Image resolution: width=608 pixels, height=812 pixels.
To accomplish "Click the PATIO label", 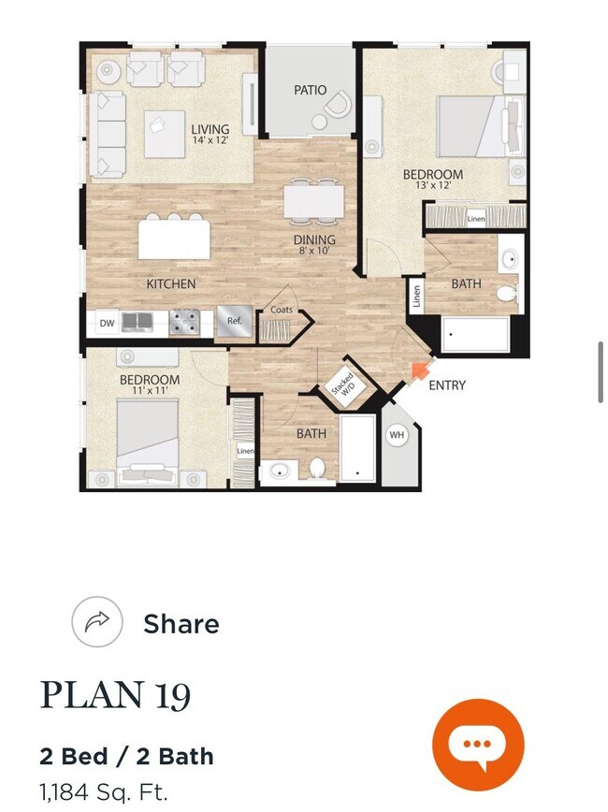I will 310,90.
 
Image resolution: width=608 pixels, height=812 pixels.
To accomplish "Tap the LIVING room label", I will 210,130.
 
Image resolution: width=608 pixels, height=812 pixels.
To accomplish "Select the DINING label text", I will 314,239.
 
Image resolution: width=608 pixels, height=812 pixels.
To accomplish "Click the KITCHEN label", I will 171,283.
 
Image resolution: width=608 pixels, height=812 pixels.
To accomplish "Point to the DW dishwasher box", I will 107,324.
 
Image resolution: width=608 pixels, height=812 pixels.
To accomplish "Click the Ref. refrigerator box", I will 234,322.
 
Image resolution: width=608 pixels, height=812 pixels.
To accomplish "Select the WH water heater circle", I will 397,434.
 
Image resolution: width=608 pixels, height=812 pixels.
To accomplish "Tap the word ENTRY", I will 447,385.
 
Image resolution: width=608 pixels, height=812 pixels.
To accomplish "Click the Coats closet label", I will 282,310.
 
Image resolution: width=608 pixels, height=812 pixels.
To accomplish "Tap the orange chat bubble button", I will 478,745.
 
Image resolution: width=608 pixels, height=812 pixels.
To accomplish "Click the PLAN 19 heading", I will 115,695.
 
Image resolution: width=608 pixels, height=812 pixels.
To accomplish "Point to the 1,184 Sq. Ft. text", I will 103,792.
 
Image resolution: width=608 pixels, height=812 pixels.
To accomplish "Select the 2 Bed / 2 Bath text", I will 126,756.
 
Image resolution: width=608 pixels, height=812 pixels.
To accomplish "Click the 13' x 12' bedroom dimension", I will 433,185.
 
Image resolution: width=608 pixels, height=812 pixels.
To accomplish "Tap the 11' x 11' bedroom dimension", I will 150,390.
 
